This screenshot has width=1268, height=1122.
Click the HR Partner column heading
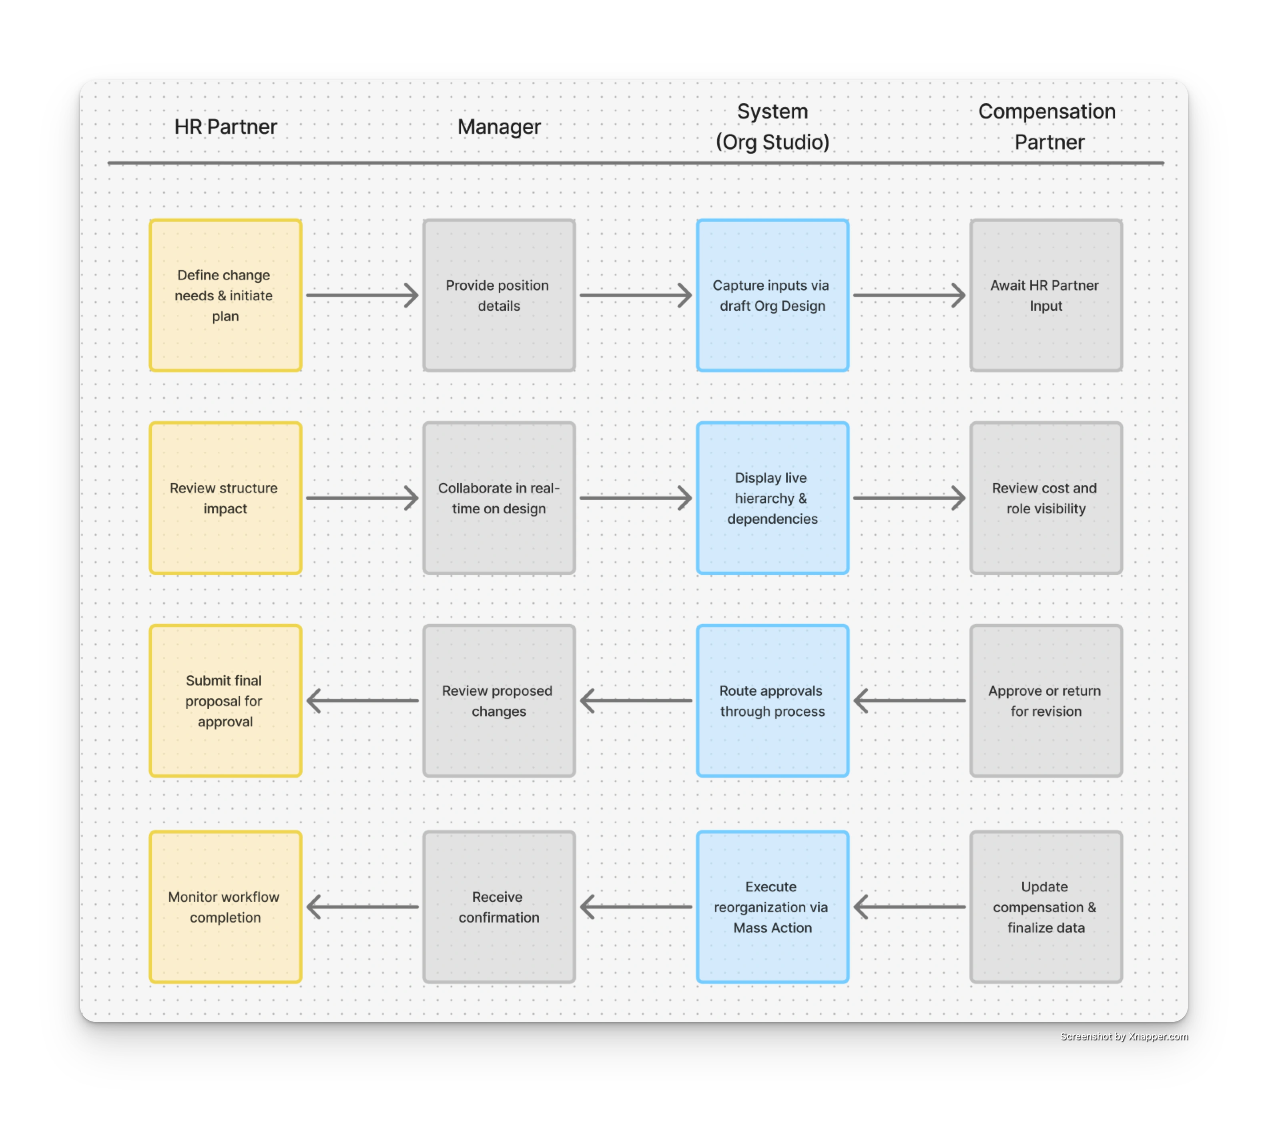pyautogui.click(x=225, y=127)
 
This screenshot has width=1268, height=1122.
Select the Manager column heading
pyautogui.click(x=499, y=127)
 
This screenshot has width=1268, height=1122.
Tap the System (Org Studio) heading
pyautogui.click(x=772, y=127)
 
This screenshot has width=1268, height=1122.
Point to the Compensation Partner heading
pyautogui.click(x=1047, y=127)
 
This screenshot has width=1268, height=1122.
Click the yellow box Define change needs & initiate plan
pyautogui.click(x=225, y=296)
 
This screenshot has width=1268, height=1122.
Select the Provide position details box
pyautogui.click(x=499, y=296)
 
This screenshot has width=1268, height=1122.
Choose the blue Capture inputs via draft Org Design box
pyautogui.click(x=772, y=296)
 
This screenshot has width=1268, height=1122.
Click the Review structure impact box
pyautogui.click(x=225, y=498)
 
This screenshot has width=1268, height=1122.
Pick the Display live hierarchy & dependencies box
pyautogui.click(x=772, y=498)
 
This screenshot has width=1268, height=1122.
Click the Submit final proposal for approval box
pyautogui.click(x=225, y=701)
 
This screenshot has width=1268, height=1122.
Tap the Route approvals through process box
pyautogui.click(x=772, y=701)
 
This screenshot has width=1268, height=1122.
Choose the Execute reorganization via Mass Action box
pyautogui.click(x=772, y=907)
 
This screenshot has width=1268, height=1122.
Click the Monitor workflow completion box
pyautogui.click(x=225, y=907)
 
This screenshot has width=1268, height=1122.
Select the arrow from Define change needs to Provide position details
pyautogui.click(x=362, y=296)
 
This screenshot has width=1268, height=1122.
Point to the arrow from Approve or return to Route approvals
pyautogui.click(x=909, y=701)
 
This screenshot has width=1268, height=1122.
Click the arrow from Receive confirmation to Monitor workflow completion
pyautogui.click(x=362, y=907)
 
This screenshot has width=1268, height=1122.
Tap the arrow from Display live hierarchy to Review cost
pyautogui.click(x=909, y=498)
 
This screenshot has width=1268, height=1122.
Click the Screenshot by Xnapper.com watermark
pyautogui.click(x=1124, y=1036)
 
